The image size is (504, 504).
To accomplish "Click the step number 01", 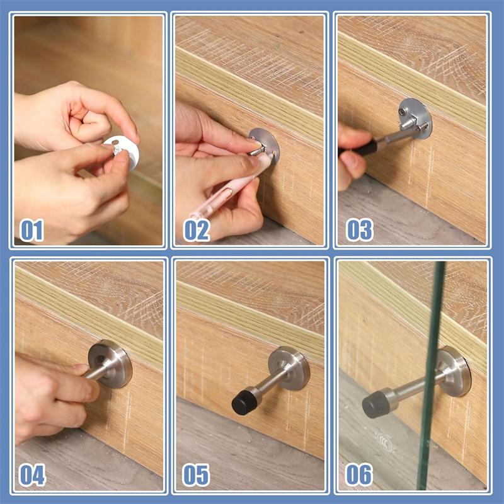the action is pyautogui.click(x=31, y=230).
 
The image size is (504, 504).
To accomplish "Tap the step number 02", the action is pyautogui.click(x=197, y=230).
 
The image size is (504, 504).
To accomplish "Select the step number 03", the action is pyautogui.click(x=359, y=230).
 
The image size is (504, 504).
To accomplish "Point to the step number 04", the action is pyautogui.click(x=32, y=475).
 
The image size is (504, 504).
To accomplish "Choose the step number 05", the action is pyautogui.click(x=196, y=475).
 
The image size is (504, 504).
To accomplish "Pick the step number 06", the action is pyautogui.click(x=359, y=474).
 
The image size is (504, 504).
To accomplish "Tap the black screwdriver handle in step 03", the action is pyautogui.click(x=358, y=148).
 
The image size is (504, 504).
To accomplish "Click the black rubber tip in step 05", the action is pyautogui.click(x=246, y=401).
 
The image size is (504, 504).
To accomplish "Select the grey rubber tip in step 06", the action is pyautogui.click(x=376, y=404).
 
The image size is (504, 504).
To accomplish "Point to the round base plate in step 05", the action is pyautogui.click(x=289, y=369).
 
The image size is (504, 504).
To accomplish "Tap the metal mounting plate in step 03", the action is pyautogui.click(x=415, y=118).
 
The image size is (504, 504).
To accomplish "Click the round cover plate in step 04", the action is pyautogui.click(x=110, y=364).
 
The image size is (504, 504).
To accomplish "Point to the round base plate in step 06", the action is pyautogui.click(x=453, y=371).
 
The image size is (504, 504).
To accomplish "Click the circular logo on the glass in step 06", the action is pyautogui.click(x=385, y=442).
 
